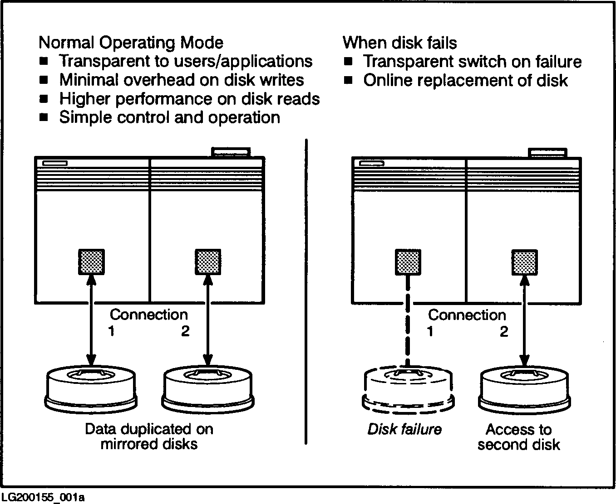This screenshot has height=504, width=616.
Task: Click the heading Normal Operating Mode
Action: click(131, 43)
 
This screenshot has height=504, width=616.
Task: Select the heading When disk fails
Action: click(399, 43)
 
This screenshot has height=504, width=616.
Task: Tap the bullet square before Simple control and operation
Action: click(44, 117)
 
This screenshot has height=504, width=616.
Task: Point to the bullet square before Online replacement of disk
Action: click(348, 80)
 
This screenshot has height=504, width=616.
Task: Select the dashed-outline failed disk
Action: click(408, 390)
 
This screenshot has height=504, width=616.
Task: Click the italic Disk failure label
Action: click(404, 429)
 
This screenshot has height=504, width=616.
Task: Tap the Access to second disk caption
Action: click(518, 437)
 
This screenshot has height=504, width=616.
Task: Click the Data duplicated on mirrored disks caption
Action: click(149, 436)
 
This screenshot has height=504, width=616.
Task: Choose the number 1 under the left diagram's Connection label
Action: click(111, 331)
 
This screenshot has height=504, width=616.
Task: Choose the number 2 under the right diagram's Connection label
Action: click(504, 332)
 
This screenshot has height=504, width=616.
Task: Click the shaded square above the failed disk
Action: click(408, 262)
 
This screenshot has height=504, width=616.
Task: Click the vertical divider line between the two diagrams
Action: click(306, 290)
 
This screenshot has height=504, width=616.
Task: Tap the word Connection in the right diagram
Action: click(467, 315)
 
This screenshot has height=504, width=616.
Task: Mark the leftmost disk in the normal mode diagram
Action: click(91, 389)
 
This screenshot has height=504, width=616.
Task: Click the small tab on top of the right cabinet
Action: click(547, 153)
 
